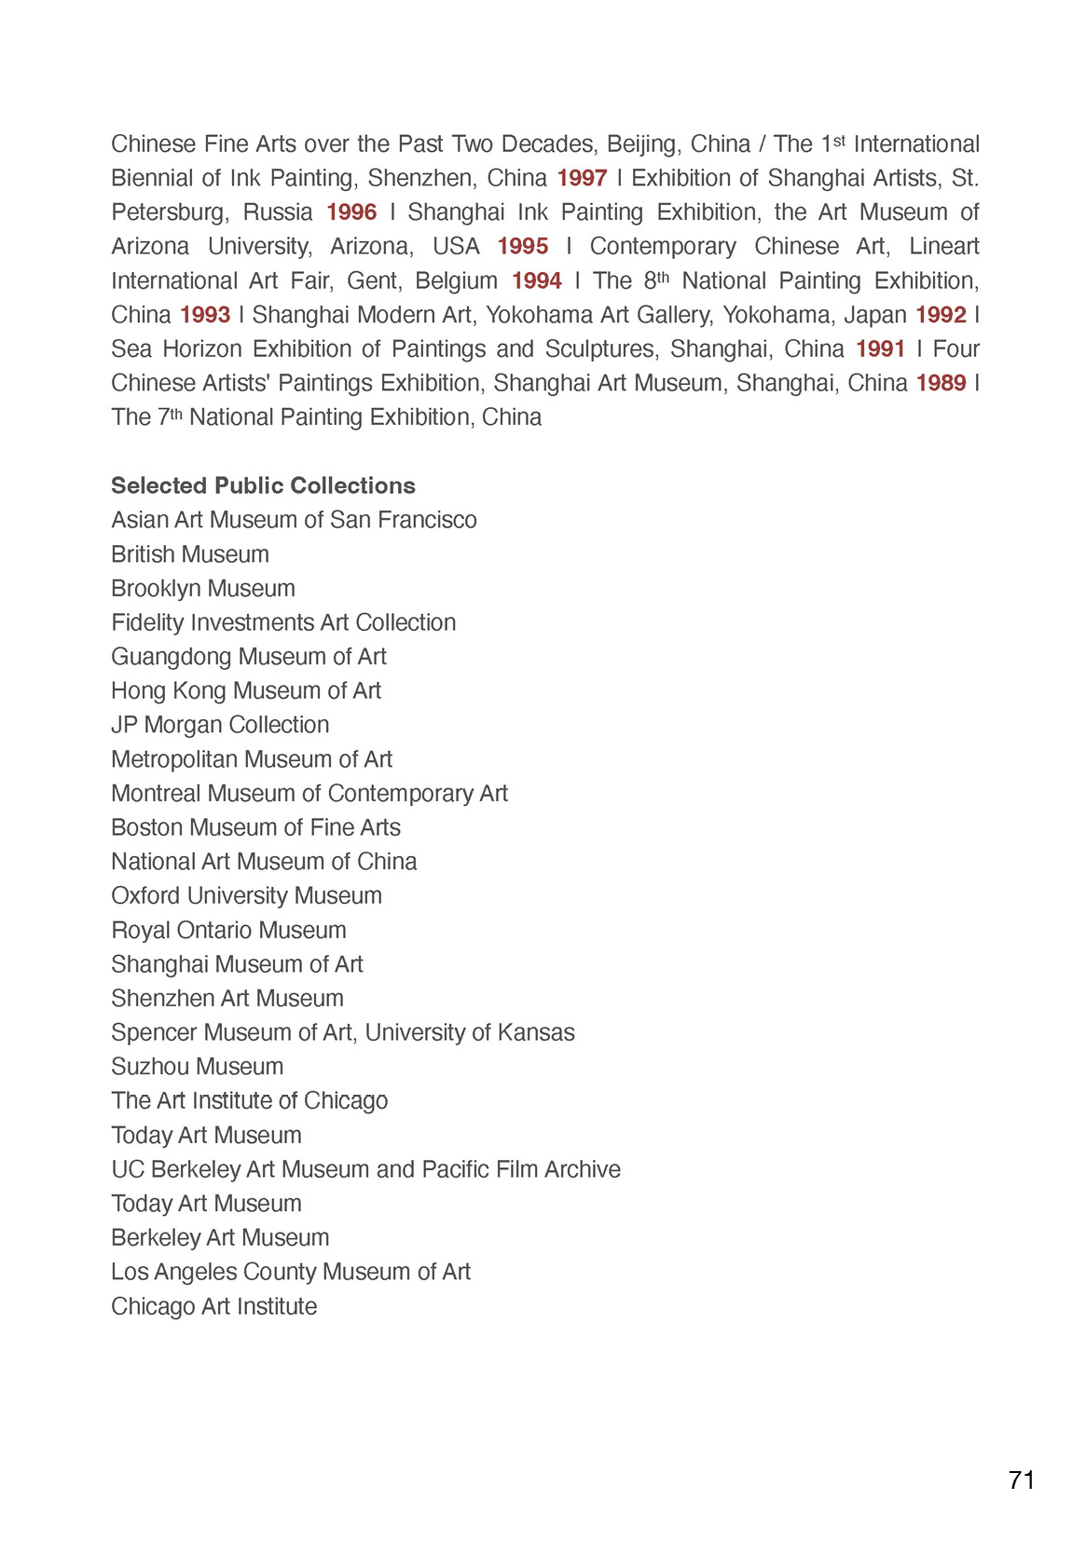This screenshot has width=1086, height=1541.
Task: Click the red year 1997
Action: [x=582, y=178]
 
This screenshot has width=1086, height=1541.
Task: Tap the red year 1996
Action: [x=351, y=212]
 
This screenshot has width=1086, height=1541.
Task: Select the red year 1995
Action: [x=523, y=247]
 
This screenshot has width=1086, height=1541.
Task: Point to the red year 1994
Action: [x=537, y=281]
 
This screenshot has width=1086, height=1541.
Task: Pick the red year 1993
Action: [x=205, y=315]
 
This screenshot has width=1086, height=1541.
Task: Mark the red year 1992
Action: [x=941, y=315]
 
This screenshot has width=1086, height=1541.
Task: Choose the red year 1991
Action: [x=880, y=349]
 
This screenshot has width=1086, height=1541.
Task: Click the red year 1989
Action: [x=941, y=384]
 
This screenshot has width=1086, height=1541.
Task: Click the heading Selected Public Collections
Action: [x=263, y=485]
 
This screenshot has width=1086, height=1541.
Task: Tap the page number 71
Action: [x=1022, y=1480]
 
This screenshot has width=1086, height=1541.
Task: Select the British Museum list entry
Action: [x=190, y=554]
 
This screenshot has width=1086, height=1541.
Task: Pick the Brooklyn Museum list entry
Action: [x=203, y=589]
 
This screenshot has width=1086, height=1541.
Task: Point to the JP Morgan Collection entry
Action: [x=220, y=725]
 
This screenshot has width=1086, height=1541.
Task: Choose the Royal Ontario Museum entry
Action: [x=228, y=930]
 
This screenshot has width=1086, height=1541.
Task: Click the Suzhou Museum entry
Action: [x=197, y=1067]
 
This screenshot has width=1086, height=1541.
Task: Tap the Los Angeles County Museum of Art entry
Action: [x=291, y=1272]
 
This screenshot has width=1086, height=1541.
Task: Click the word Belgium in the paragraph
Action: [x=457, y=281]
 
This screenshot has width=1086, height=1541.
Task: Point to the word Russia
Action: [x=278, y=212]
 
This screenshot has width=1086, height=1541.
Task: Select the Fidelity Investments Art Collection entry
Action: [x=283, y=622]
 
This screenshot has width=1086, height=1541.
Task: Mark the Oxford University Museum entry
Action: [x=246, y=895]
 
